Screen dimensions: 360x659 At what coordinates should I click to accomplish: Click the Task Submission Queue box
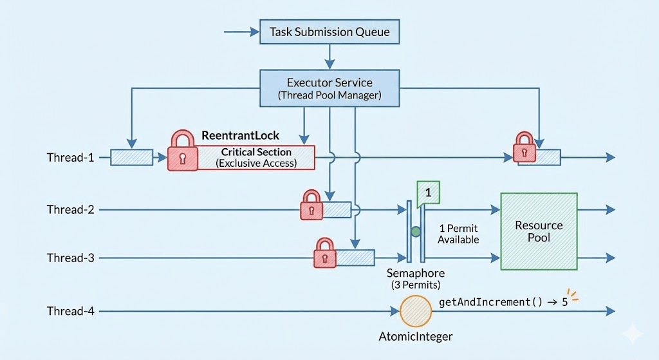[329, 32]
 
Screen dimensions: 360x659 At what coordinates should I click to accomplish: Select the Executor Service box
[329, 88]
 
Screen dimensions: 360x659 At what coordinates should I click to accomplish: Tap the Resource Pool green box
[539, 231]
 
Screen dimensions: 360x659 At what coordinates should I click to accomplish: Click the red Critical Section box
[256, 157]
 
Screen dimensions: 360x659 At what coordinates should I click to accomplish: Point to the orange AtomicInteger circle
[416, 311]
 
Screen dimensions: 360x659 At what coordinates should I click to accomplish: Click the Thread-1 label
[70, 157]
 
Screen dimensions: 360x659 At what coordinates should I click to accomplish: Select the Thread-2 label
[70, 209]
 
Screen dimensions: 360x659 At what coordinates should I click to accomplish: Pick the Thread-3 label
[70, 258]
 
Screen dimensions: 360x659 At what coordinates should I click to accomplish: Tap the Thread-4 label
[70, 311]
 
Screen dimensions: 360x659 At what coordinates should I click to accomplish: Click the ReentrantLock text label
[241, 135]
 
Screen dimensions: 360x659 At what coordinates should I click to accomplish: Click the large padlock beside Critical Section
[182, 151]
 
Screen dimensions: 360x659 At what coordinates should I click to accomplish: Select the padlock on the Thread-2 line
[311, 205]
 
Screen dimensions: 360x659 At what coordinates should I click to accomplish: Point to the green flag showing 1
[428, 193]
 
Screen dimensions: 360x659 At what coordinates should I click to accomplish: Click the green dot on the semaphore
[416, 231]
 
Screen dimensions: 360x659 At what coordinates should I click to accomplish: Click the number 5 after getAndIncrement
[564, 301]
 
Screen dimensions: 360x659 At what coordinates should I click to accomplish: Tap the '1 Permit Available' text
[458, 234]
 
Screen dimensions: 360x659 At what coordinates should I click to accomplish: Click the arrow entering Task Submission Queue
[239, 32]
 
